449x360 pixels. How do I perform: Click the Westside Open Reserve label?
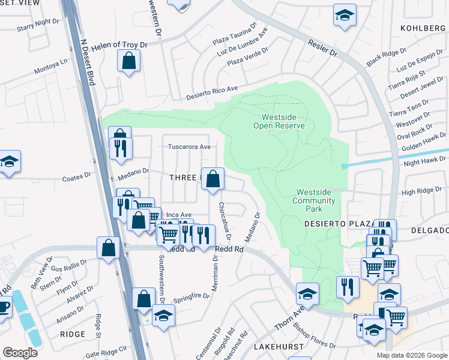pyautogui.click(x=283, y=121)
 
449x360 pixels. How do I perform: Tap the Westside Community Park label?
pyautogui.click(x=314, y=200)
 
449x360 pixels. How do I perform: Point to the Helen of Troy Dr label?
pyautogui.click(x=124, y=46)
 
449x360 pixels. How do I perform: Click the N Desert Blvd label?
pyautogui.click(x=88, y=63)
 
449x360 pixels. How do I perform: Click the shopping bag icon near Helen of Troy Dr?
pyautogui.click(x=129, y=60)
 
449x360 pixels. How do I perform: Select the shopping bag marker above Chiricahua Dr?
pyautogui.click(x=212, y=178)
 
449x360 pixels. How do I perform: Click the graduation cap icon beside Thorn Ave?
pyautogui.click(x=307, y=294)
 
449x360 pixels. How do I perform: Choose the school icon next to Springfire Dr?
pyautogui.click(x=163, y=315)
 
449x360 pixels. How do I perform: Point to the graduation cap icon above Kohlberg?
pyautogui.click(x=345, y=15)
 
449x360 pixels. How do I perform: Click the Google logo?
pyautogui.click(x=20, y=353)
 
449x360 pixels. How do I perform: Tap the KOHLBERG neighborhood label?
pyautogui.click(x=424, y=28)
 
